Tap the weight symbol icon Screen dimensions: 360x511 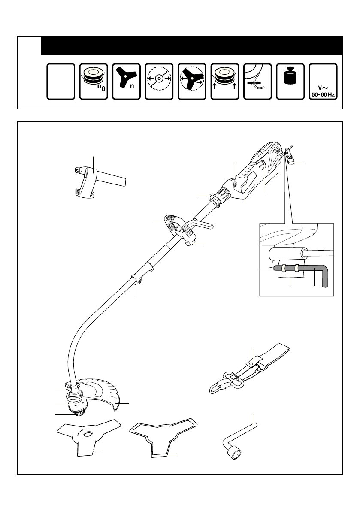[x=290, y=77]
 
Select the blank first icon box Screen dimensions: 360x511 [x=61, y=82]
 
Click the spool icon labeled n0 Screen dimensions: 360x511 [x=94, y=82]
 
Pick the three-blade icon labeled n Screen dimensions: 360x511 [x=127, y=82]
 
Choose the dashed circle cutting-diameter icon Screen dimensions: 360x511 [x=159, y=82]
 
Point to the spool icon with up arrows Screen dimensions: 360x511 [x=225, y=82]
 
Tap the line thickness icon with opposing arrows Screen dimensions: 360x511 [x=257, y=82]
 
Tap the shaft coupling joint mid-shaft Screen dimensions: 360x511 [x=137, y=280]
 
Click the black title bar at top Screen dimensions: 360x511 [x=192, y=45]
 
